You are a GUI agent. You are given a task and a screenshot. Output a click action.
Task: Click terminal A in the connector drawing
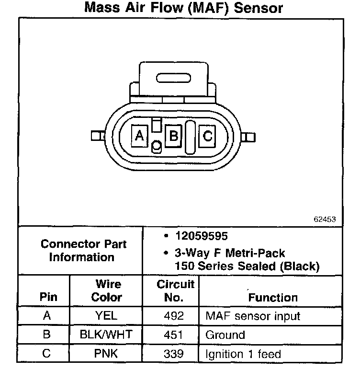(x=139, y=136)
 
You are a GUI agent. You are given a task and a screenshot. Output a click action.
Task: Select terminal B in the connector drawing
(x=173, y=136)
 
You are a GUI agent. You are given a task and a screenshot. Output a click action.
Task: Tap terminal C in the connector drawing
(x=207, y=136)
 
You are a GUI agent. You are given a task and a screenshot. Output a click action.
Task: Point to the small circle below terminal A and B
(x=156, y=146)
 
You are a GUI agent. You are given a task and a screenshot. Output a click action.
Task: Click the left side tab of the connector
(x=97, y=136)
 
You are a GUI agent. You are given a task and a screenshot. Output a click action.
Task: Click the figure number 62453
(x=325, y=219)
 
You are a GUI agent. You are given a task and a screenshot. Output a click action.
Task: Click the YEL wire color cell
(x=106, y=316)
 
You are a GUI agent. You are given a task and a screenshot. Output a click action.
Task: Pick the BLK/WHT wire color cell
(x=106, y=335)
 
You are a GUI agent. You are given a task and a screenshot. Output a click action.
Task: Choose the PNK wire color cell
(x=106, y=354)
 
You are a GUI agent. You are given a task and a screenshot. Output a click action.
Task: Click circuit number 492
(x=173, y=316)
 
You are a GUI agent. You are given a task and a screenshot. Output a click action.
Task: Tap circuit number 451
(x=173, y=335)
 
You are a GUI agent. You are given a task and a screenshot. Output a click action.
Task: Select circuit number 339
(x=173, y=354)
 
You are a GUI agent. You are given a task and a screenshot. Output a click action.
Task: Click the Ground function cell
(x=225, y=335)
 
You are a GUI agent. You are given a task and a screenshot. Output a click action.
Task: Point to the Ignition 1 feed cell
(x=243, y=354)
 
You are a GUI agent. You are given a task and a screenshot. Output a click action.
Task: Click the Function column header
(x=272, y=297)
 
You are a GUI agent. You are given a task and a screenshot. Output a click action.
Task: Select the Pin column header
(x=48, y=297)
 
